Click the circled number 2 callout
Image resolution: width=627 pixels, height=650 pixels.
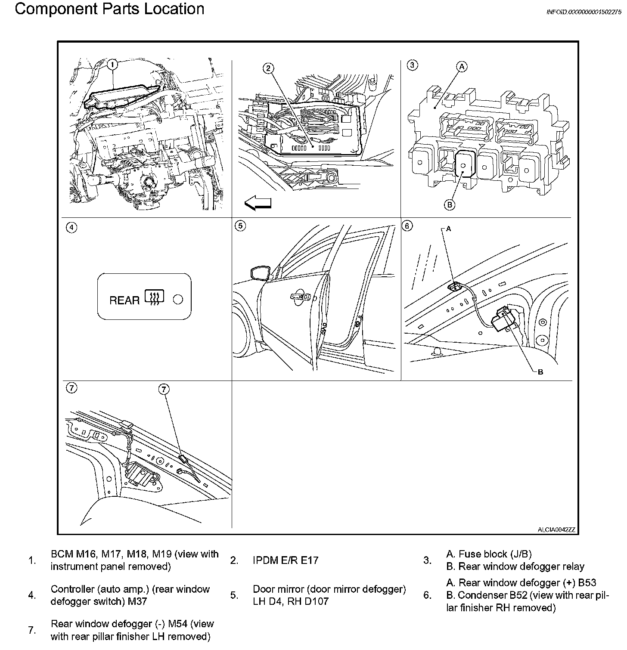(x=268, y=68)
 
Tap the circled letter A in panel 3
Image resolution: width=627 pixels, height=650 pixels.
(x=462, y=66)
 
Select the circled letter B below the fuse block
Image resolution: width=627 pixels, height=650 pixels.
(x=449, y=204)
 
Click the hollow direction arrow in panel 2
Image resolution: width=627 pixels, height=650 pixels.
(x=258, y=203)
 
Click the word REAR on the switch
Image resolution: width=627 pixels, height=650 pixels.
(x=124, y=300)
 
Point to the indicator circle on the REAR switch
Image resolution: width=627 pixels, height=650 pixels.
(x=178, y=299)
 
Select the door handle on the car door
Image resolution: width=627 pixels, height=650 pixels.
(x=301, y=297)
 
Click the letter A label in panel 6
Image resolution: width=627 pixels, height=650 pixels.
(x=448, y=229)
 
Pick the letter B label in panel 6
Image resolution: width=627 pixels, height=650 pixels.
(x=540, y=372)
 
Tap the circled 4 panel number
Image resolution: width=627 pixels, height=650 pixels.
(x=72, y=227)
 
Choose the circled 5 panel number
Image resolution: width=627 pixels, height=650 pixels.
(x=240, y=226)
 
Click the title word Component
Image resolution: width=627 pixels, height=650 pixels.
(x=56, y=9)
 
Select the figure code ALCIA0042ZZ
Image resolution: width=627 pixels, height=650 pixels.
(x=556, y=529)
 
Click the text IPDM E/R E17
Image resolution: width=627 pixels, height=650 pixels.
(x=286, y=560)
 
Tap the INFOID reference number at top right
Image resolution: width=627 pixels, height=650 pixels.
(x=584, y=12)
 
